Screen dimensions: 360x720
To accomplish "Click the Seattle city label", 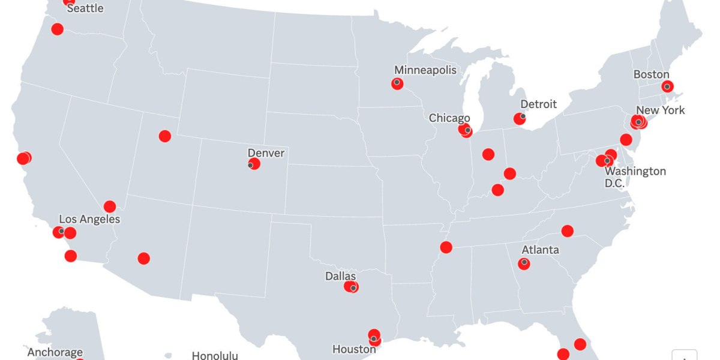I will [x=85, y=8].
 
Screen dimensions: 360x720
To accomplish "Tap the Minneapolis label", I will [x=425, y=70].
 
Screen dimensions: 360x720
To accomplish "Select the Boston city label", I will [x=651, y=74].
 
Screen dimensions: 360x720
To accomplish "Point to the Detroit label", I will [x=538, y=104].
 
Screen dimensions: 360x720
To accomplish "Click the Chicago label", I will [x=449, y=118].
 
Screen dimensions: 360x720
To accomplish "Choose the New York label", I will [x=660, y=110].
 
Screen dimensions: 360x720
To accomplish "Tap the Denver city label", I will [x=266, y=153].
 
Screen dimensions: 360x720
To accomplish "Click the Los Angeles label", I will [x=89, y=219].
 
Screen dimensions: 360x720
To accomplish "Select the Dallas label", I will [x=340, y=276].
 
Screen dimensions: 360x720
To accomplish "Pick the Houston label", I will [x=354, y=349].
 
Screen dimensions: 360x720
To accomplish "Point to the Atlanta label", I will [x=540, y=250].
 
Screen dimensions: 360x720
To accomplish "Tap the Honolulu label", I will [x=214, y=355].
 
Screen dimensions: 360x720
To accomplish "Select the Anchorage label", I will [x=55, y=352].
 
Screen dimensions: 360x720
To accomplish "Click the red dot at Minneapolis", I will [x=397, y=83].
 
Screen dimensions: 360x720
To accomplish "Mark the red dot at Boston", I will [x=667, y=86].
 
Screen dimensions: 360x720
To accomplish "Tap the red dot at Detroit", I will [x=520, y=119].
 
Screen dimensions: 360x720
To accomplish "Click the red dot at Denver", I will [x=254, y=164].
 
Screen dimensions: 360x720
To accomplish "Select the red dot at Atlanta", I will [x=524, y=263].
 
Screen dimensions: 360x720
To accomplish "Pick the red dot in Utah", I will [x=165, y=136].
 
